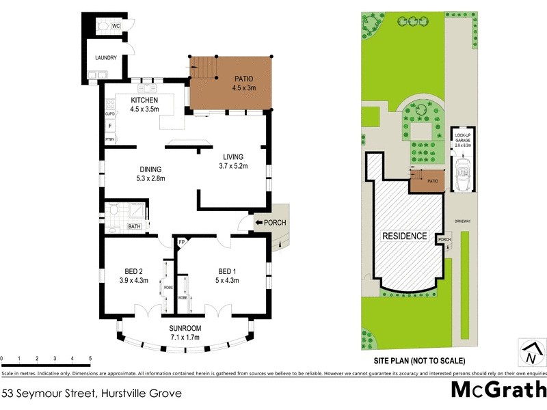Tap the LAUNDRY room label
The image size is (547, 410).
coord(106,58)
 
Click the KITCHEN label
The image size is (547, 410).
coord(144,100)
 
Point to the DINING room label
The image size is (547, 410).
coord(150,169)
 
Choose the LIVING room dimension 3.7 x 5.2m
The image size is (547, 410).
coord(233,165)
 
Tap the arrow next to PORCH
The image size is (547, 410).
coord(259,222)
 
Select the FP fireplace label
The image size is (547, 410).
coord(182,243)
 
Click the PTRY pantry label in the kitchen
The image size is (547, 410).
coord(109,139)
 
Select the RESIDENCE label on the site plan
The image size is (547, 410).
coord(404,236)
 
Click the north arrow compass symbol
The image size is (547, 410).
coord(530,353)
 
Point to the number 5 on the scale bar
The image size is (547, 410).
coord(90,359)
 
